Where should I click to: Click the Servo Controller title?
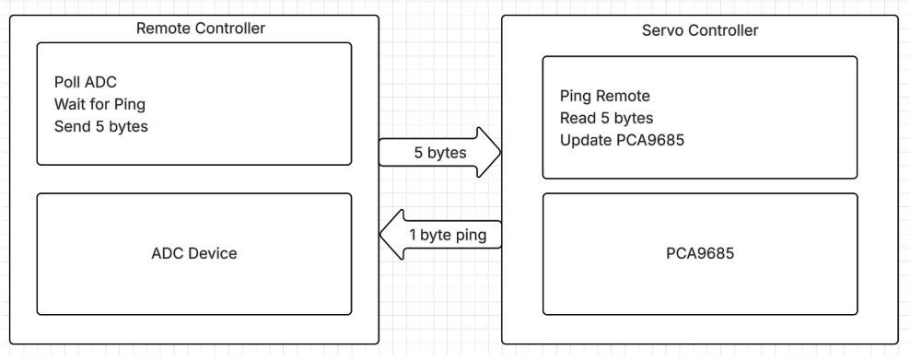(699, 30)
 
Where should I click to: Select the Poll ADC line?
(87, 81)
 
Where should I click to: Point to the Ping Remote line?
(605, 96)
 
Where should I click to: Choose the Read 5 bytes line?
(605, 118)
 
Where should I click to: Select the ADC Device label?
(193, 253)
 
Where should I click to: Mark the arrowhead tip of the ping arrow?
(381, 237)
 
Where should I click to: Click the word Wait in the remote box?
(71, 104)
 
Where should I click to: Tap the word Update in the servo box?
(584, 140)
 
